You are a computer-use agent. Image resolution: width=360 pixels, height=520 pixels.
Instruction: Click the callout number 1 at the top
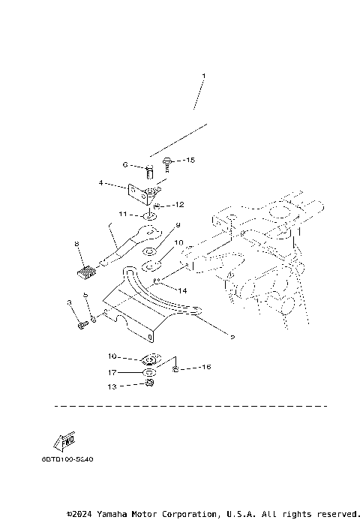(x=202, y=76)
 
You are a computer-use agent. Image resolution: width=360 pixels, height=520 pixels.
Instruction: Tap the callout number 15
(x=190, y=161)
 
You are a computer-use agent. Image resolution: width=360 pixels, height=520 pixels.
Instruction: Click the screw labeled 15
(x=169, y=161)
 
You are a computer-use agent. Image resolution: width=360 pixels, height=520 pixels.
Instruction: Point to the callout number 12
(x=178, y=204)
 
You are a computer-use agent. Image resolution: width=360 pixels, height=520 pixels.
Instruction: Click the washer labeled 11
(x=150, y=217)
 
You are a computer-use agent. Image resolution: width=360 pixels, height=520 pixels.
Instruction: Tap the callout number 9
(x=178, y=225)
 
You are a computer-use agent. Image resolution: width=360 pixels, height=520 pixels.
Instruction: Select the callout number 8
(x=76, y=244)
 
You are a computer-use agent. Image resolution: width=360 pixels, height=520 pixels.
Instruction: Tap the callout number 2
(x=232, y=338)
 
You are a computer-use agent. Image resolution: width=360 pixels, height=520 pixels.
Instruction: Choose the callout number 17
(x=111, y=371)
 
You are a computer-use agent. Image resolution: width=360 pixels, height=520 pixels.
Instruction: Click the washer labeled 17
(x=149, y=372)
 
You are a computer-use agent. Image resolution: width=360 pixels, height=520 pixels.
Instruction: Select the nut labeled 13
(x=149, y=385)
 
